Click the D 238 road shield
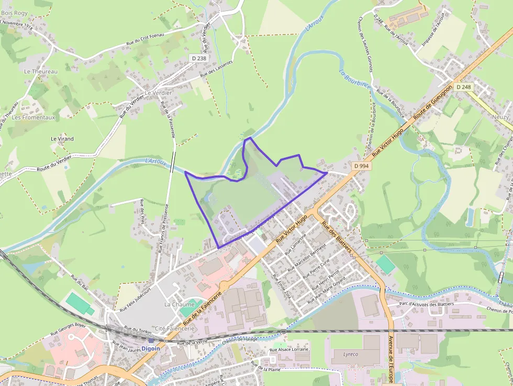[x=199, y=59]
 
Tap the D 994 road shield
[x=361, y=166]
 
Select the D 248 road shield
[x=463, y=87]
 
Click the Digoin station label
[x=151, y=348]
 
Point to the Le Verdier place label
[x=158, y=93]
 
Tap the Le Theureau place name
[x=40, y=71]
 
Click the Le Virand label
[x=62, y=139]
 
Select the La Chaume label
[x=179, y=304]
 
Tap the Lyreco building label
[x=350, y=354]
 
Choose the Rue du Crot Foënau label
[x=145, y=40]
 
